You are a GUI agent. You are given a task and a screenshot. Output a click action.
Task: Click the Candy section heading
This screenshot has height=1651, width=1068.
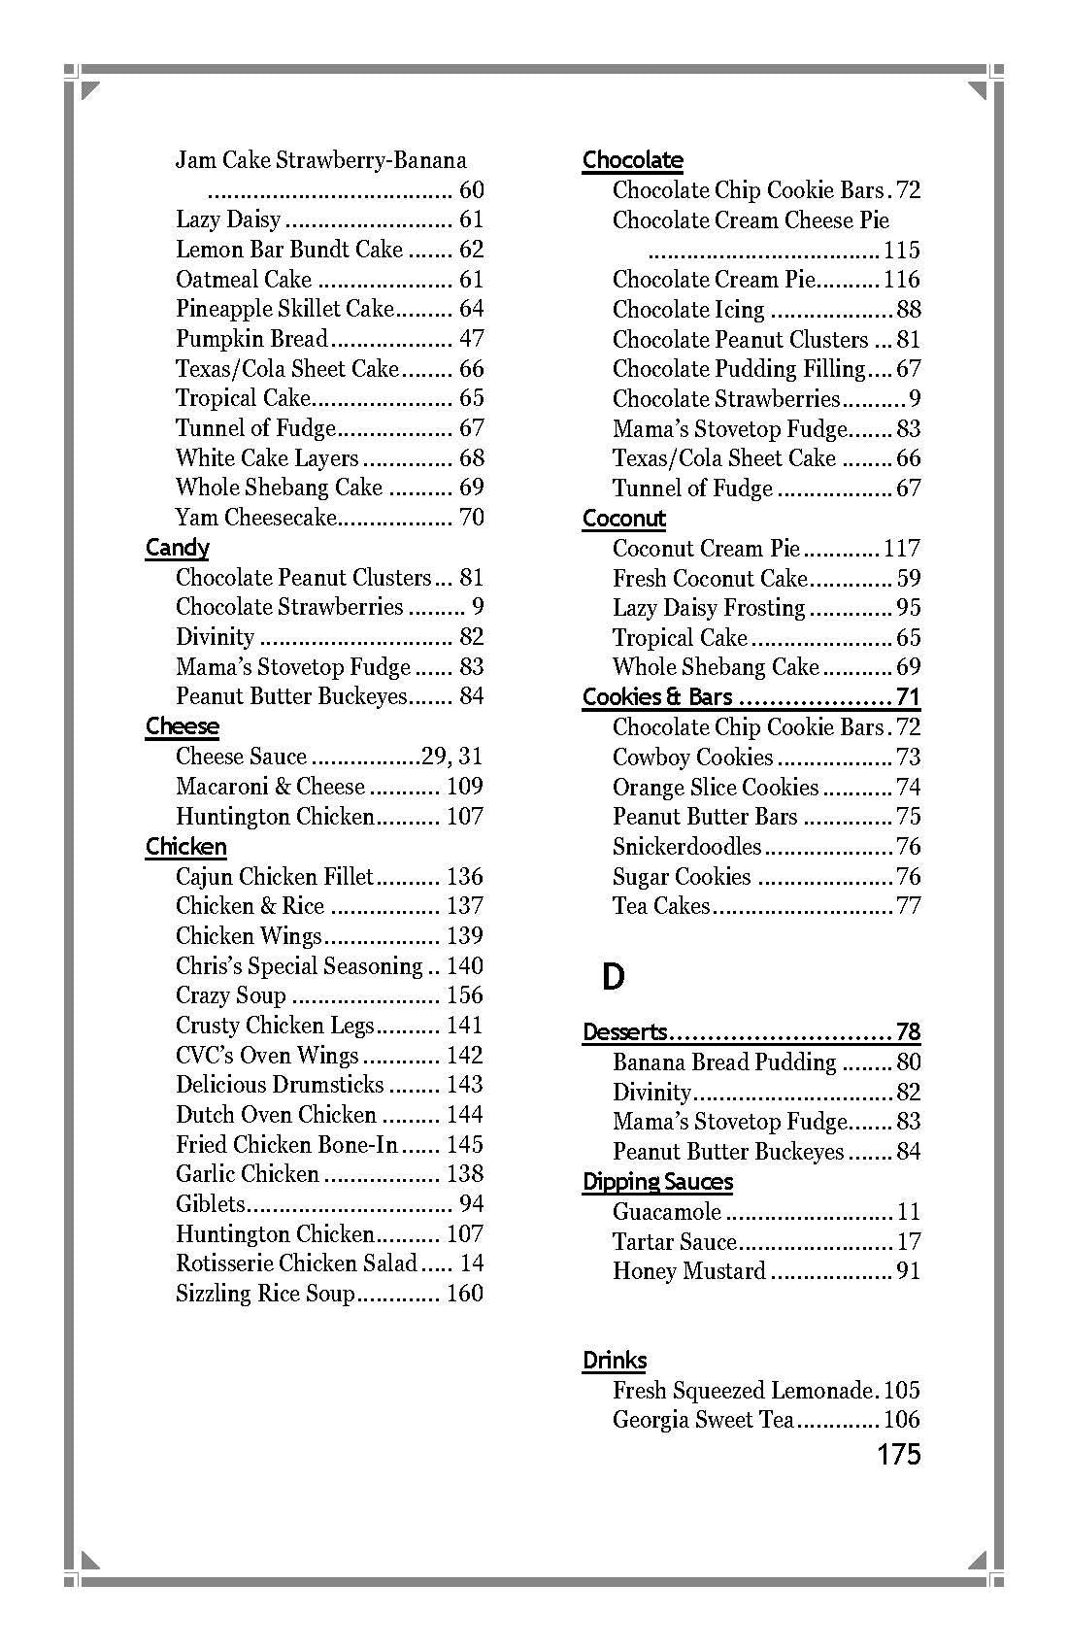pyautogui.click(x=177, y=548)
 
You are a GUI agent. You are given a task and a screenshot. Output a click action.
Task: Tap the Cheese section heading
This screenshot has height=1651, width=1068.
pyautogui.click(x=183, y=726)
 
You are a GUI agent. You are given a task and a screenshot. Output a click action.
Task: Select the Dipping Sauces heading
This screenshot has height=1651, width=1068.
pyautogui.click(x=657, y=1182)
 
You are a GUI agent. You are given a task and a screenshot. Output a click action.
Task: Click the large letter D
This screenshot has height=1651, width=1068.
pyautogui.click(x=613, y=977)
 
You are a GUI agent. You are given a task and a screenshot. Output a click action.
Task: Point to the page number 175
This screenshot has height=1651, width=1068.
pyautogui.click(x=898, y=1454)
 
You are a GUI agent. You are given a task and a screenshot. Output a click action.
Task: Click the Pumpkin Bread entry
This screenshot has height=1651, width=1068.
pyautogui.click(x=251, y=339)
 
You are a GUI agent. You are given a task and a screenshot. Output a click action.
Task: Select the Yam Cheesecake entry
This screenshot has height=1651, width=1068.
pyautogui.click(x=255, y=518)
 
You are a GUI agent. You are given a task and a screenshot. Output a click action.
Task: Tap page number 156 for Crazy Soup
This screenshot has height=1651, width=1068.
pyautogui.click(x=464, y=995)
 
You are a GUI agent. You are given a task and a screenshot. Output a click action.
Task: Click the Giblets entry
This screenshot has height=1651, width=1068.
pyautogui.click(x=211, y=1204)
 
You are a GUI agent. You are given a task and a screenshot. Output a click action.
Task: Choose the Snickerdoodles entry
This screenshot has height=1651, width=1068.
pyautogui.click(x=686, y=847)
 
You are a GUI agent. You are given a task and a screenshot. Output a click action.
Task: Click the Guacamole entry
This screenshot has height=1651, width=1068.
pyautogui.click(x=667, y=1212)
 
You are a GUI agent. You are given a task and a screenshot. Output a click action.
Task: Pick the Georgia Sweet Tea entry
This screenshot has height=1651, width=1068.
pyautogui.click(x=703, y=1420)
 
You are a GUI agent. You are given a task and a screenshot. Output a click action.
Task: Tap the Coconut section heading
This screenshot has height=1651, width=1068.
pyautogui.click(x=624, y=519)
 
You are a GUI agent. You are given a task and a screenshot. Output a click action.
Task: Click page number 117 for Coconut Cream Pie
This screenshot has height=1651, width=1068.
pyautogui.click(x=901, y=549)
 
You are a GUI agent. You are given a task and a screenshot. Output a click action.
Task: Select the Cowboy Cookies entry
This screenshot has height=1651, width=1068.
pyautogui.click(x=692, y=758)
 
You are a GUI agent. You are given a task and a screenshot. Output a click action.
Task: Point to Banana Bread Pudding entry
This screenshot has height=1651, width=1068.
pyautogui.click(x=723, y=1062)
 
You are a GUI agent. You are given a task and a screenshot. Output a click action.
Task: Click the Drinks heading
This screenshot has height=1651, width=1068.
pyautogui.click(x=615, y=1361)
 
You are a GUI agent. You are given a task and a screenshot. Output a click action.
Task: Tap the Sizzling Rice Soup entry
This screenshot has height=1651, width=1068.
pyautogui.click(x=265, y=1294)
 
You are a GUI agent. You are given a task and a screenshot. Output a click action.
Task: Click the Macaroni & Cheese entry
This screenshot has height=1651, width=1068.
pyautogui.click(x=270, y=787)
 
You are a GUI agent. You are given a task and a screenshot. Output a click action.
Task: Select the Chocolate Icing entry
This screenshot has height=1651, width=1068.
pyautogui.click(x=688, y=310)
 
